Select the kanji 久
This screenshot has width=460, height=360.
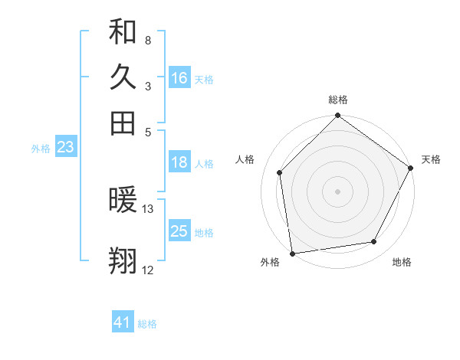click(x=123, y=77)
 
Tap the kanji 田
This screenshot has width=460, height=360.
click(x=123, y=123)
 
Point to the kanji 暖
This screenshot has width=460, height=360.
click(x=123, y=201)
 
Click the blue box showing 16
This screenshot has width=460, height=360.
click(x=179, y=78)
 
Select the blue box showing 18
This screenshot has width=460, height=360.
click(x=179, y=162)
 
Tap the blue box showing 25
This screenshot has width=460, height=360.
click(x=179, y=231)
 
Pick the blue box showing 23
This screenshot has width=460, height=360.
click(x=65, y=147)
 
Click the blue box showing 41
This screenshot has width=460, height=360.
click(x=123, y=322)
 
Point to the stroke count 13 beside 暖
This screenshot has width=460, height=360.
click(x=148, y=208)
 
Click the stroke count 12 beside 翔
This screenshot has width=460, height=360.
click(x=148, y=270)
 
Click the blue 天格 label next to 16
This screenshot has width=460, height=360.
click(x=204, y=79)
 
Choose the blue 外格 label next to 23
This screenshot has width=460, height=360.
click(x=41, y=149)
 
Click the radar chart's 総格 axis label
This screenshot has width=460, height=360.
click(x=338, y=100)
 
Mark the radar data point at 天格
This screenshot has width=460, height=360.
click(x=411, y=168)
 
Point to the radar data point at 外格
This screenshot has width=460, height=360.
click(x=292, y=254)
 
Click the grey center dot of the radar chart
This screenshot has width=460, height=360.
click(x=337, y=191)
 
